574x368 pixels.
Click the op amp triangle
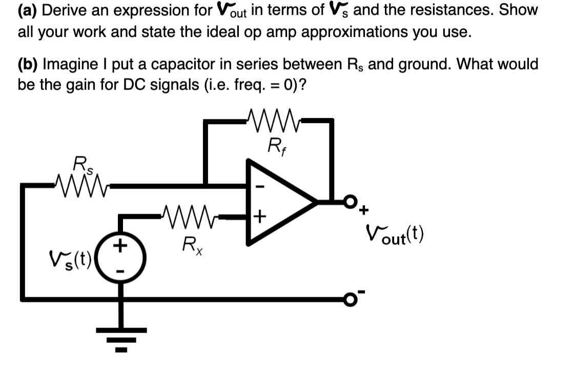click(x=277, y=202)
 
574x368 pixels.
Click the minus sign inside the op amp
click(x=259, y=188)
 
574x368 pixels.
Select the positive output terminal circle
click(x=350, y=201)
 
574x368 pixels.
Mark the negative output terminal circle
click(x=350, y=299)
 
